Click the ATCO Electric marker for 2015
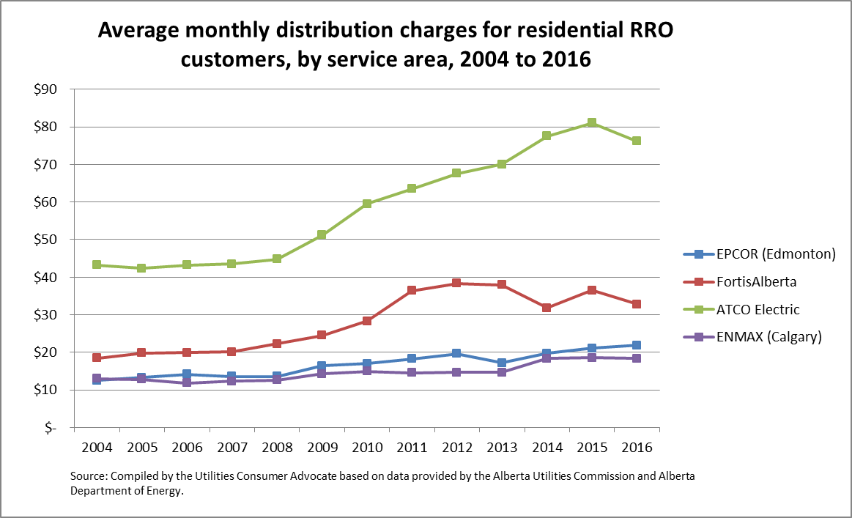click(591, 123)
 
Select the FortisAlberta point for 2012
click(456, 283)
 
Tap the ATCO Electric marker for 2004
click(97, 264)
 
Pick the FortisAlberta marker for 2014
click(547, 308)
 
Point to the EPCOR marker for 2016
click(637, 345)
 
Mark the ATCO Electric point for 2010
click(366, 204)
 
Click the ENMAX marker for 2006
click(187, 382)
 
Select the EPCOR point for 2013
click(501, 363)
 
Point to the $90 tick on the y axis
click(56, 89)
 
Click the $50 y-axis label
click(56, 240)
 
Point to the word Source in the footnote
click(88, 476)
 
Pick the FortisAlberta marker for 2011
click(411, 290)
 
